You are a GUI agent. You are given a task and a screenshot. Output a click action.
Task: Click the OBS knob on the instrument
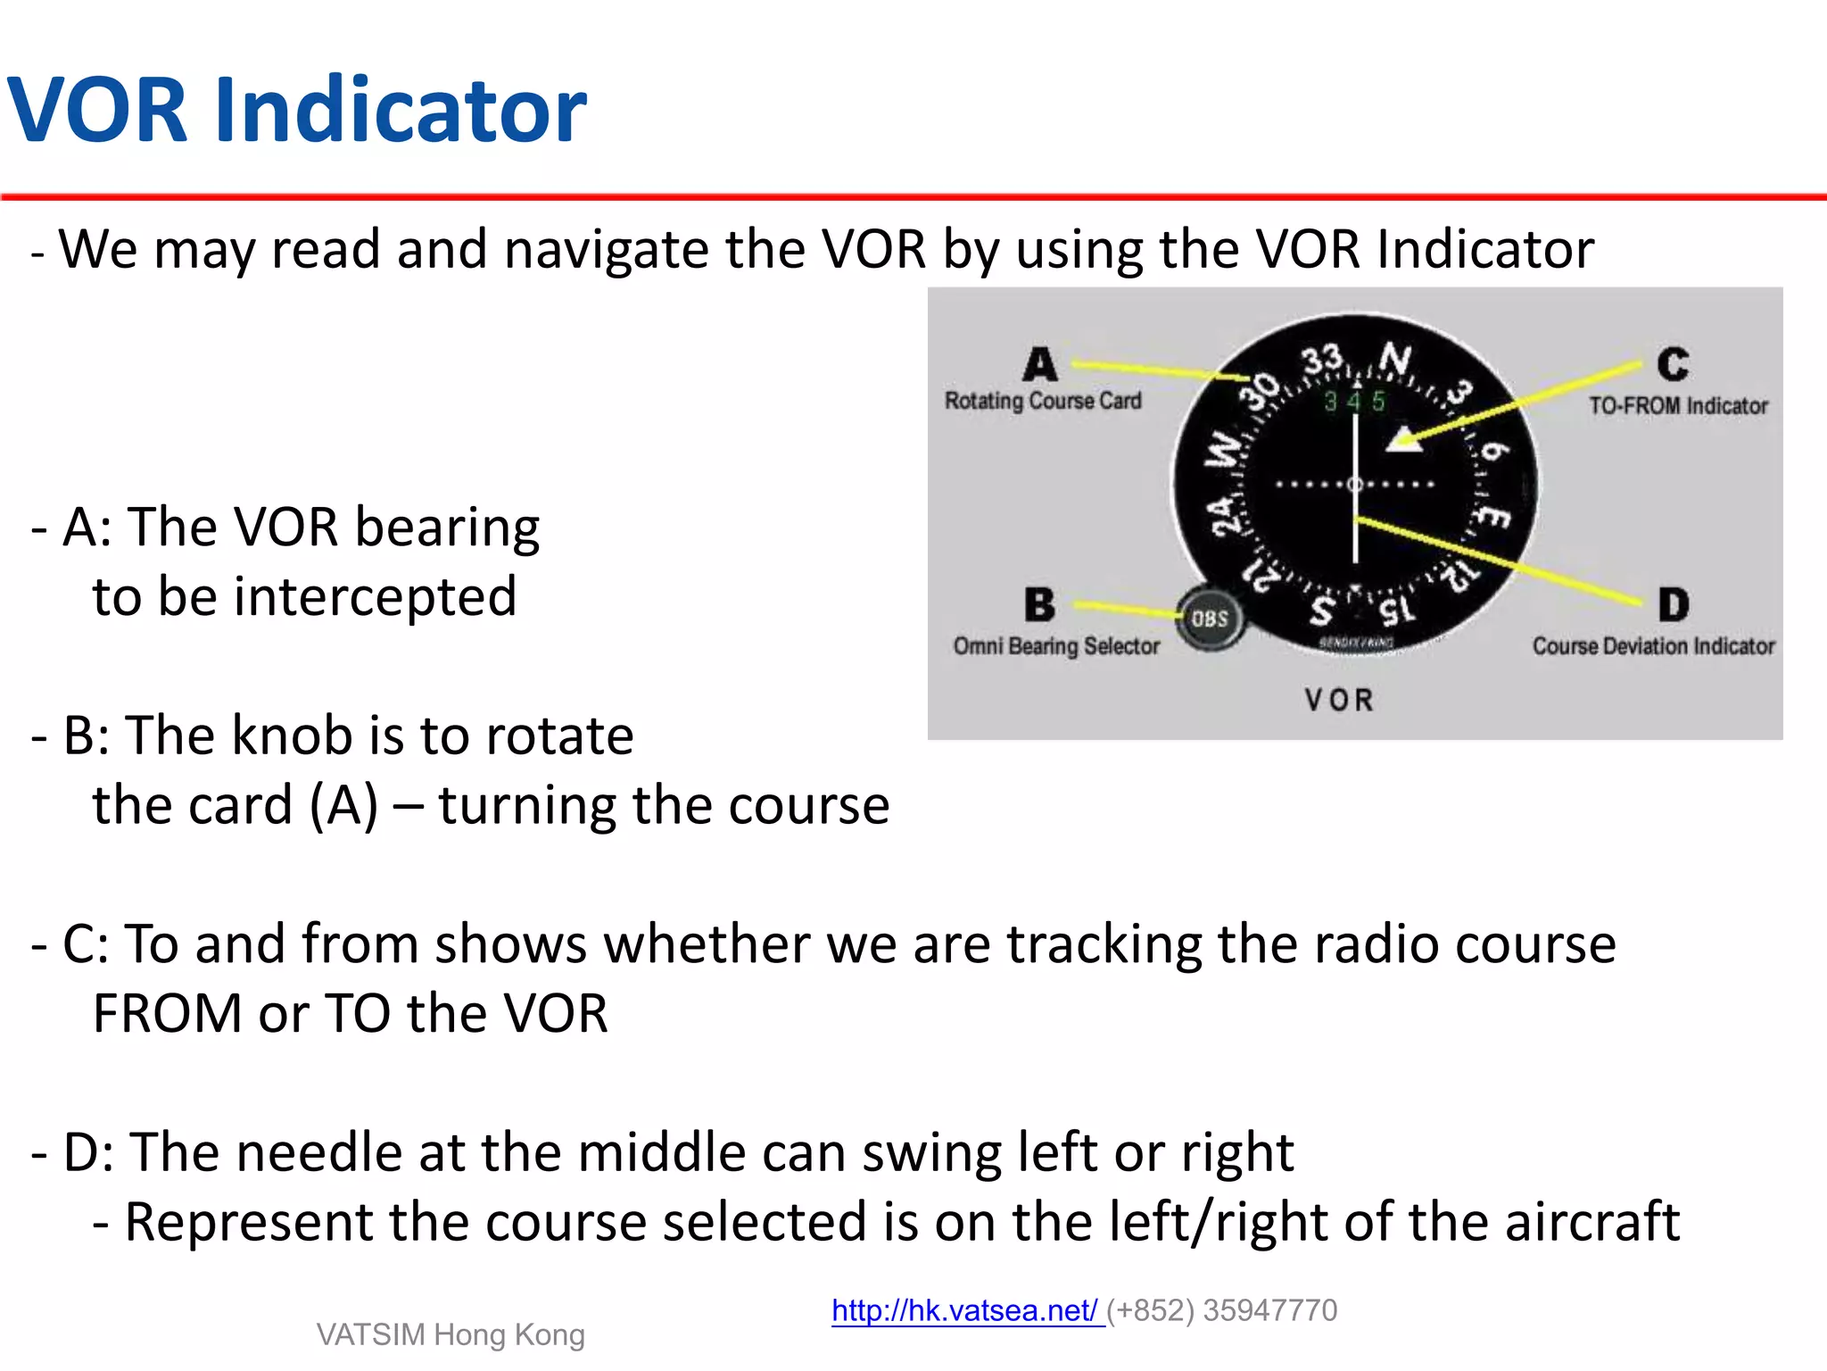coord(1210,619)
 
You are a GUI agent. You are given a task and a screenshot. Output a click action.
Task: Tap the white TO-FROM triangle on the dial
coord(1404,440)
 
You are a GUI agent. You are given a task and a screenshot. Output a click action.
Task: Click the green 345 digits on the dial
coord(1354,401)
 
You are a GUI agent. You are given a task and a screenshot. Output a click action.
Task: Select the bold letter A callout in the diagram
coord(1039,364)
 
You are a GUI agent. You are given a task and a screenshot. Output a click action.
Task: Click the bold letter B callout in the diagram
coord(1039,604)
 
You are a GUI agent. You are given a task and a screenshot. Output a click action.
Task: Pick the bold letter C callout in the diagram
coord(1673,364)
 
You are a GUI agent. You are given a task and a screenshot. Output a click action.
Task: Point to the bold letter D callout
coord(1674,604)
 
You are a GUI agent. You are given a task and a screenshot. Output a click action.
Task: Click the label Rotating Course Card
coord(1043,401)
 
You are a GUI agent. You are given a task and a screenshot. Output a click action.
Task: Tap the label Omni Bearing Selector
coord(1056,645)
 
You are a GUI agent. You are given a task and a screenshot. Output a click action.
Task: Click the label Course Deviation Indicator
coord(1653,645)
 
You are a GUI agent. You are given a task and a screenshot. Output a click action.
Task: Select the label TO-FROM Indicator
coord(1678,405)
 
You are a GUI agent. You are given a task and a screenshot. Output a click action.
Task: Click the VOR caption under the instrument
coord(1339,700)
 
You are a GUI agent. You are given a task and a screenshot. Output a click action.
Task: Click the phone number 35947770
coord(1269,1310)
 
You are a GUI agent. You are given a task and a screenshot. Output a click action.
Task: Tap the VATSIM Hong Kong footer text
coord(451,1334)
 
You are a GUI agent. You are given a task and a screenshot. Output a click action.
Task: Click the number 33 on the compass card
coord(1322,361)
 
